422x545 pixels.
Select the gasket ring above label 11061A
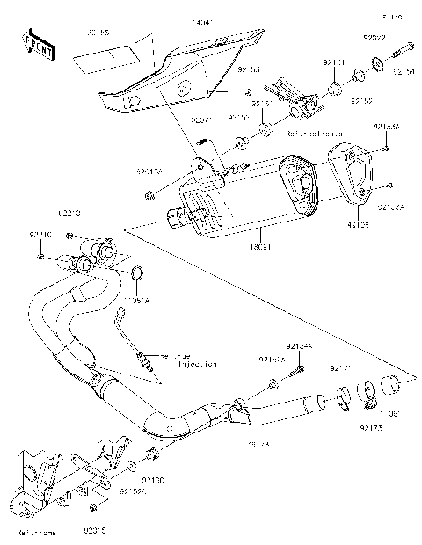coord(139,281)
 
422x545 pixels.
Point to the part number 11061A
coord(136,301)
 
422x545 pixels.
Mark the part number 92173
coord(369,427)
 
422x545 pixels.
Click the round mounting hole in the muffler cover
coord(183,87)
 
